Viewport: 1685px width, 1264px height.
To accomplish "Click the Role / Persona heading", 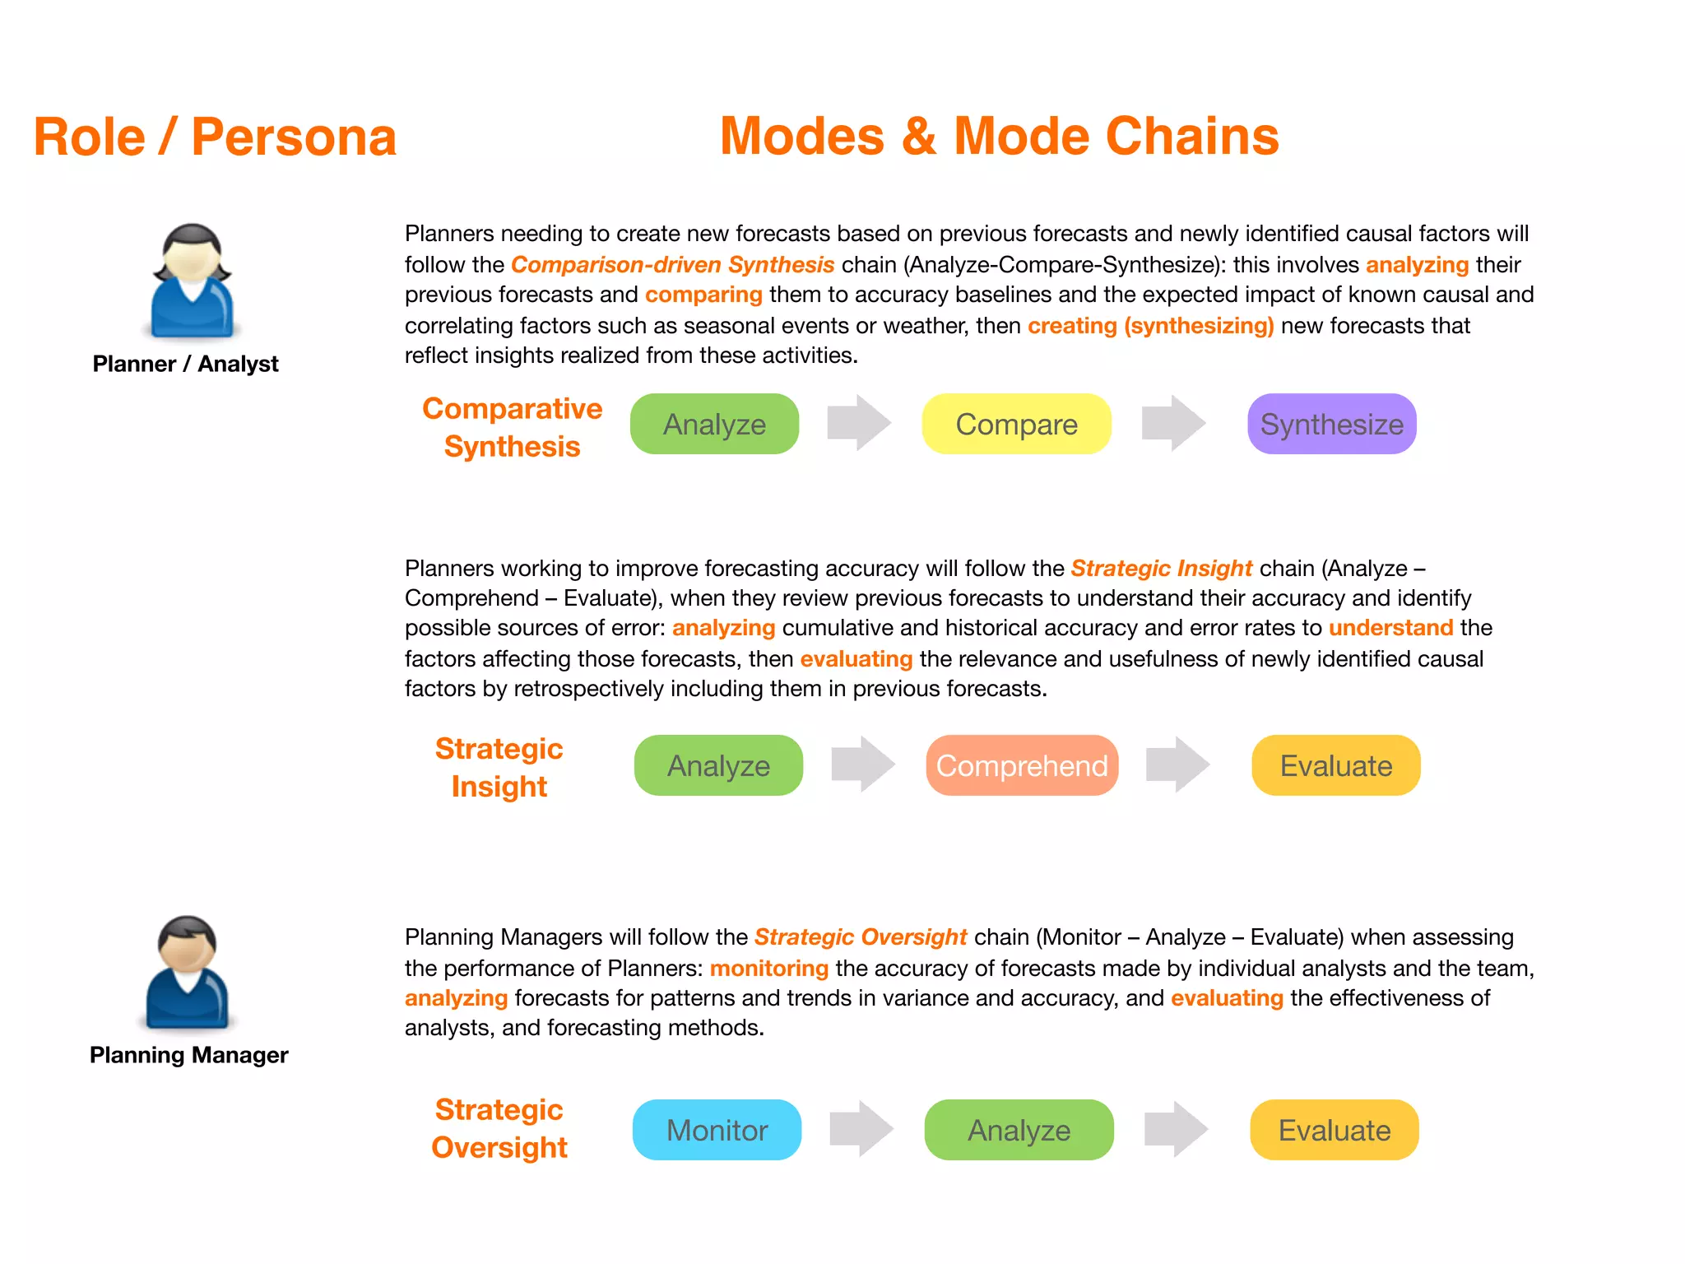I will tap(215, 137).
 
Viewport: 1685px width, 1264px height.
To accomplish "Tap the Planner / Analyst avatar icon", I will tap(192, 281).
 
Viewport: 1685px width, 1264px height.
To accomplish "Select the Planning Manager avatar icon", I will tap(188, 973).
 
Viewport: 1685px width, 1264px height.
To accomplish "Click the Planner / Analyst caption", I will tap(185, 364).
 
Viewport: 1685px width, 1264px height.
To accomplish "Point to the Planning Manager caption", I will tap(188, 1055).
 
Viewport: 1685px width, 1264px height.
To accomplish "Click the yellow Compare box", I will tap(1016, 425).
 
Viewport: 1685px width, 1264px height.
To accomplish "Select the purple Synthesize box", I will tap(1331, 425).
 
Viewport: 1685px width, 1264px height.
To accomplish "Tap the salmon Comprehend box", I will tap(1021, 766).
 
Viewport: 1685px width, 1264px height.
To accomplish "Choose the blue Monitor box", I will tap(717, 1131).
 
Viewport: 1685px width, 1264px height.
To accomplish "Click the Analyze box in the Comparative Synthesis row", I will tap(714, 425).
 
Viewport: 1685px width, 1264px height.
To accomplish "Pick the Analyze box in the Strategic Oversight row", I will tap(1019, 1131).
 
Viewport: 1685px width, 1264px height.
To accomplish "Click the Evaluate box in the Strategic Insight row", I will tap(1335, 766).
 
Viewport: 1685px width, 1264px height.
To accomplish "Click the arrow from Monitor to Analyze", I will tap(861, 1129).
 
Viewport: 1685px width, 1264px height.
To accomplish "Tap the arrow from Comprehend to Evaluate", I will tap(1177, 764).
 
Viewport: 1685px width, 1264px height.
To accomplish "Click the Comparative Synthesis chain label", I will tap(512, 427).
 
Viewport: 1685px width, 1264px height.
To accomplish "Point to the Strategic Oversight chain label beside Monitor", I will tap(499, 1128).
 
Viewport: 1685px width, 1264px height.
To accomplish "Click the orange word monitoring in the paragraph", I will tap(768, 968).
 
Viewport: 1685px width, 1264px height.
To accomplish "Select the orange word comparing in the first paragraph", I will tap(703, 295).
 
